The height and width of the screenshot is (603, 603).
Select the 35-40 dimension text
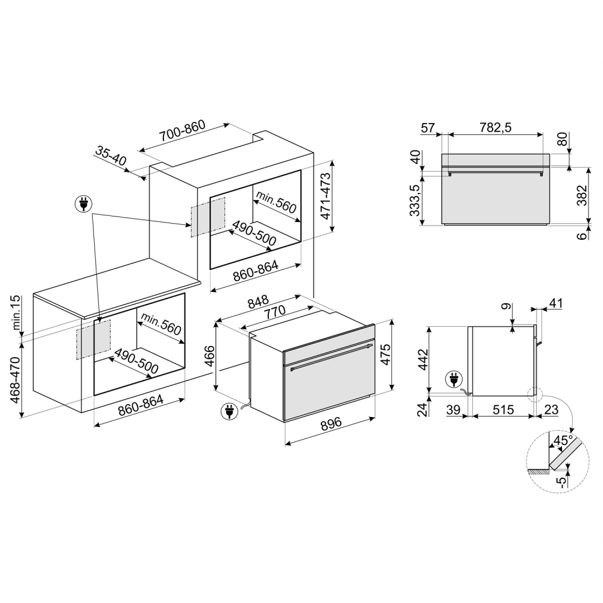[110, 156]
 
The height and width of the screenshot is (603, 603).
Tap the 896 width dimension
[331, 425]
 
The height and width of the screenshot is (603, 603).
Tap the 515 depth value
[502, 410]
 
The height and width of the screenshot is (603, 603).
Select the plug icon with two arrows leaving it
[83, 204]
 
